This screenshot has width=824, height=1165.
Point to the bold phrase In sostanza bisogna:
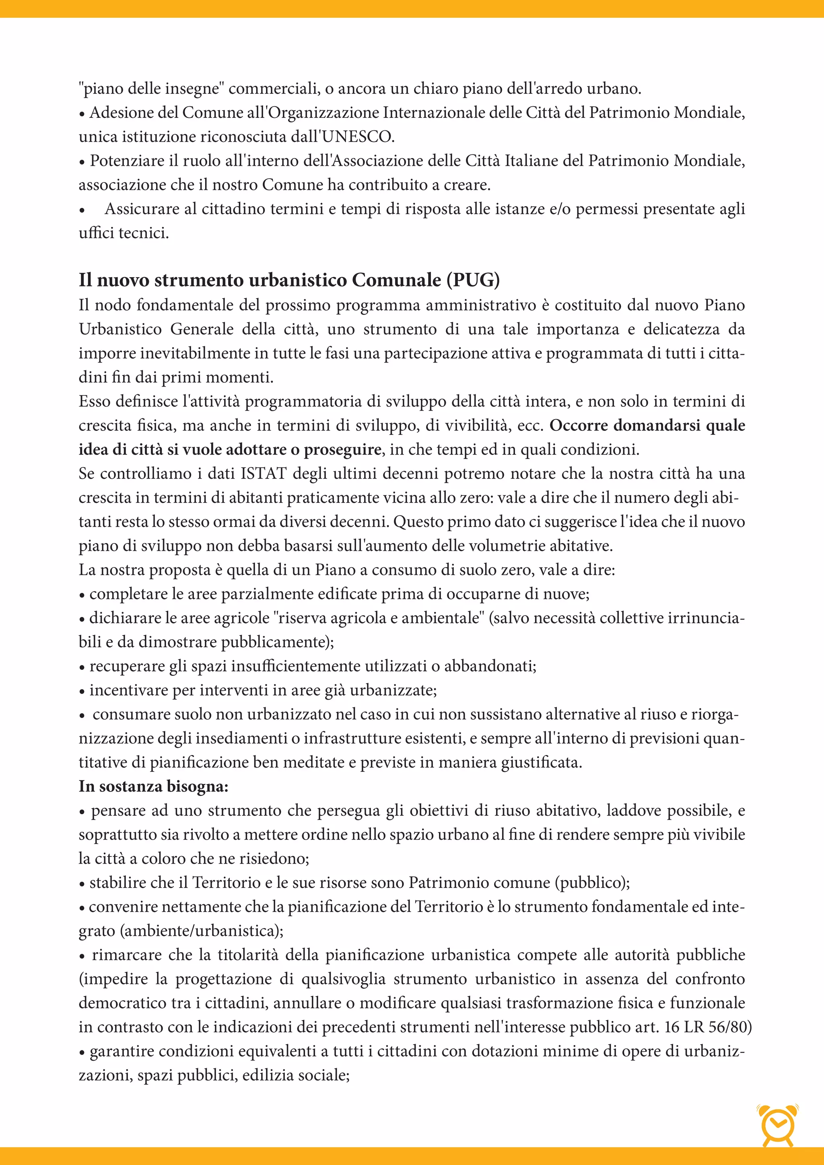(x=153, y=786)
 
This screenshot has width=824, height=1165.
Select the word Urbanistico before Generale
(x=120, y=329)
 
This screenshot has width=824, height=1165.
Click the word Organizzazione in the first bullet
(x=323, y=113)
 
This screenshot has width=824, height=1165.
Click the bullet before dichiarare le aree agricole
(x=82, y=619)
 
